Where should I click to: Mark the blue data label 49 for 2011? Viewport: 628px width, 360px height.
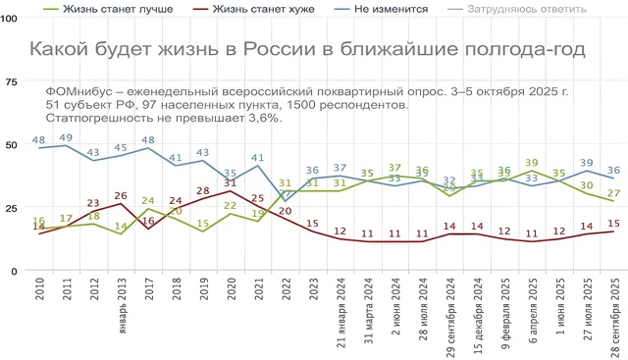tap(67, 137)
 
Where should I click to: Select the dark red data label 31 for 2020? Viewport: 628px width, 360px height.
tap(231, 182)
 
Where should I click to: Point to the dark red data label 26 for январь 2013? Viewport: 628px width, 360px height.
tap(122, 195)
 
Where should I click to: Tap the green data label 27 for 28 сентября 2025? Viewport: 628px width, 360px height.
tap(614, 192)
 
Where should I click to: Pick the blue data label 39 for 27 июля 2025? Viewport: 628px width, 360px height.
tap(587, 163)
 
